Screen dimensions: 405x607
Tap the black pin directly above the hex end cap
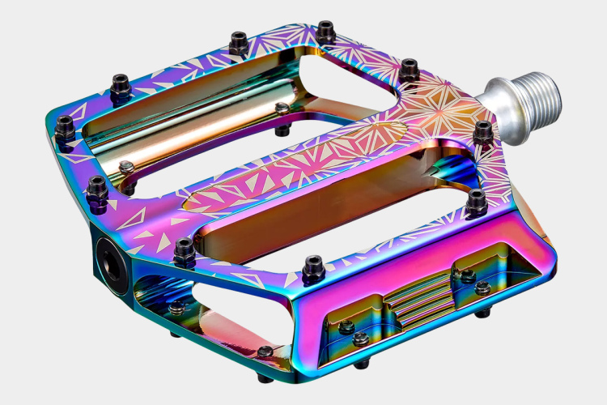[96, 188]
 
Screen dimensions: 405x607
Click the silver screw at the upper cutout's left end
[126, 168]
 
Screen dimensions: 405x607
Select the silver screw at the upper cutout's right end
[282, 109]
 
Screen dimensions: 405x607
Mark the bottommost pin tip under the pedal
[265, 377]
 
